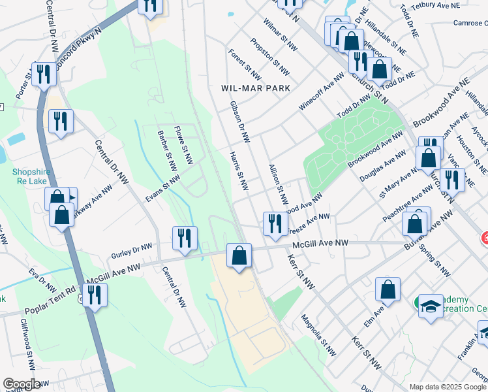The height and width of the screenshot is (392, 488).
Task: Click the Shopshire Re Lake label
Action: pyautogui.click(x=31, y=177)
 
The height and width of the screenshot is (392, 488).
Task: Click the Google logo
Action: pyautogui.click(x=22, y=384)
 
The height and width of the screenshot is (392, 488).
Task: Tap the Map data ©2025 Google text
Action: pyautogui.click(x=448, y=387)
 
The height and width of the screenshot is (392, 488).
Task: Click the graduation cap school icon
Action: pyautogui.click(x=431, y=307)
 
